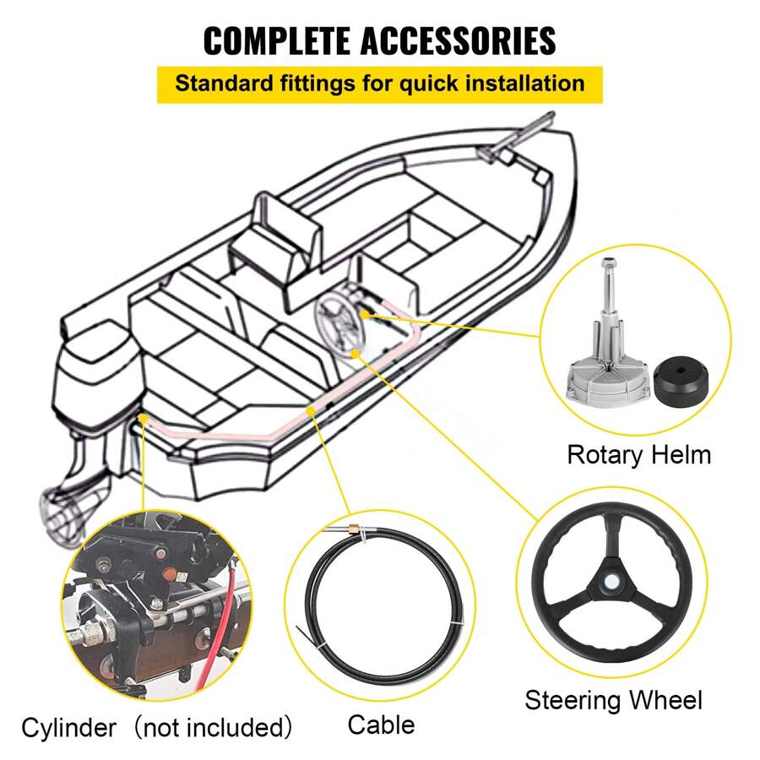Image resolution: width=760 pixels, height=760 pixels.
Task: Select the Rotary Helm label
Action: click(x=638, y=455)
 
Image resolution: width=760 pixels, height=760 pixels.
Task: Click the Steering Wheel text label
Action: click(x=613, y=700)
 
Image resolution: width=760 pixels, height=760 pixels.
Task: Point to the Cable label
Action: click(x=381, y=724)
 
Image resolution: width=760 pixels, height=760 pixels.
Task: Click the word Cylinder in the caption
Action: click(x=69, y=727)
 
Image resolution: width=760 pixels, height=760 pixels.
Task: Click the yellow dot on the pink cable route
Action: click(x=312, y=410)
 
